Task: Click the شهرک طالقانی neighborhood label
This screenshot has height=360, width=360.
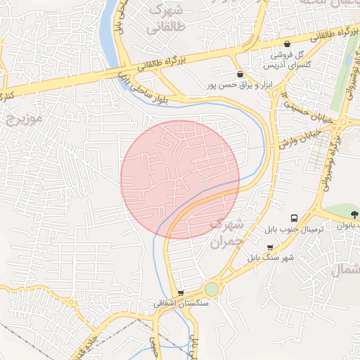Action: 165,20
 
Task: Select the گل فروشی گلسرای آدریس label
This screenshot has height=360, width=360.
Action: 285,59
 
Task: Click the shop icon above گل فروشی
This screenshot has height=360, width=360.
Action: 287,44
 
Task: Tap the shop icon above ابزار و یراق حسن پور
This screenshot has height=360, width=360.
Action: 240,74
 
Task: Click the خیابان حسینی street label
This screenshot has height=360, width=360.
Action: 300,103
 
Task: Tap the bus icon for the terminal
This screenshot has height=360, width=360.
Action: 294,218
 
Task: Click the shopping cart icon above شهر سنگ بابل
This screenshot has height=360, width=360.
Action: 271,247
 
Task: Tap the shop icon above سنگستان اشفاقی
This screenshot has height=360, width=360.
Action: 181,292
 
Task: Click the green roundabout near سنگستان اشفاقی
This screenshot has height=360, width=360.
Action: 212,289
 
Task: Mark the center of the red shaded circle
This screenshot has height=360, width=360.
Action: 180,180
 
